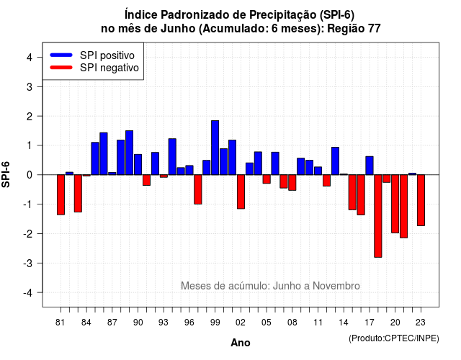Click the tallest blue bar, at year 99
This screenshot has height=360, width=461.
215,148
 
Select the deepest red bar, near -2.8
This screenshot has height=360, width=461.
378,216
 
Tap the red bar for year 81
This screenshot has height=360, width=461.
61,195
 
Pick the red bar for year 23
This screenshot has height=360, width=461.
421,200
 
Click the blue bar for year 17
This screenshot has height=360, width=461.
370,166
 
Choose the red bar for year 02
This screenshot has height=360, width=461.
241,192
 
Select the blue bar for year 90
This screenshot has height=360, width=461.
138,165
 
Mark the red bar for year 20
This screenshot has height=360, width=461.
395,204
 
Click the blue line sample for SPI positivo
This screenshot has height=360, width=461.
61,55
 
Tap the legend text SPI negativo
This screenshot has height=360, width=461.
109,68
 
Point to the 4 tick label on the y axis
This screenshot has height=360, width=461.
30,58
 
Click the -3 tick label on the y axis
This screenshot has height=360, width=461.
28,263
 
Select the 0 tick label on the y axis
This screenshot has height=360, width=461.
30,175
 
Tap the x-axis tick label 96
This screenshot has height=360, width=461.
189,323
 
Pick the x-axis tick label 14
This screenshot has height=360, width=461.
344,323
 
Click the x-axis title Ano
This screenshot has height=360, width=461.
241,343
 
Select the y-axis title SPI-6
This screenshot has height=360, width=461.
6,174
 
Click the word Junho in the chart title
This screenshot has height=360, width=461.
178,29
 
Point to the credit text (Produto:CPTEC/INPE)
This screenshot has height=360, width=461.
394,338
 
